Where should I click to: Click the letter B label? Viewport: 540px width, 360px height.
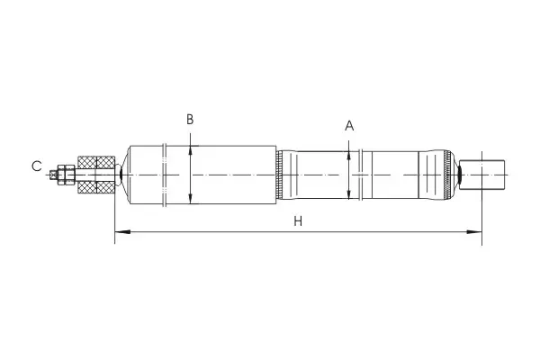click(x=190, y=120)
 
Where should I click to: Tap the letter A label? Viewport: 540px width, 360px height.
click(x=349, y=126)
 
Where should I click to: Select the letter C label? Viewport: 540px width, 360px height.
click(x=37, y=166)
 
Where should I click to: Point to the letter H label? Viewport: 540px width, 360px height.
click(x=298, y=221)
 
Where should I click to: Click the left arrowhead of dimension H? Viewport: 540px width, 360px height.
click(x=122, y=232)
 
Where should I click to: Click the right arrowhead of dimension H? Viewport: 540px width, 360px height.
click(x=474, y=232)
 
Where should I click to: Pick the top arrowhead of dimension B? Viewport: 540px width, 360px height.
click(x=191, y=150)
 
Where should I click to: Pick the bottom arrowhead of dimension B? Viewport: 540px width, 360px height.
click(x=191, y=199)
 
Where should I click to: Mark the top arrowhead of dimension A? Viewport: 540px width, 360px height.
click(x=349, y=156)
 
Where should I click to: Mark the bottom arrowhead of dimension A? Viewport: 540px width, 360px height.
click(x=349, y=194)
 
